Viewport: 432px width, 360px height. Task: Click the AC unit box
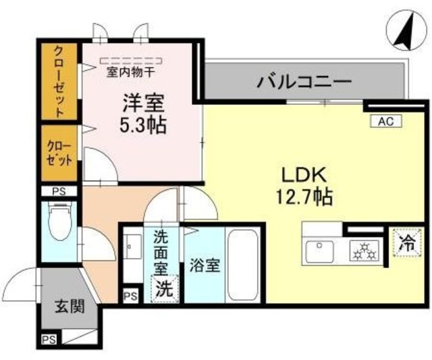coord(385,122)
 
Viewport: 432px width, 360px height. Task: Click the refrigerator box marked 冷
coord(406,244)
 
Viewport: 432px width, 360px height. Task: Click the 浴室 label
coord(205,265)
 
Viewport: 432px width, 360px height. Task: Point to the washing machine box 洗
coord(165,289)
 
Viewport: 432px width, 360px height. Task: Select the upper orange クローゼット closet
coord(61,81)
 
